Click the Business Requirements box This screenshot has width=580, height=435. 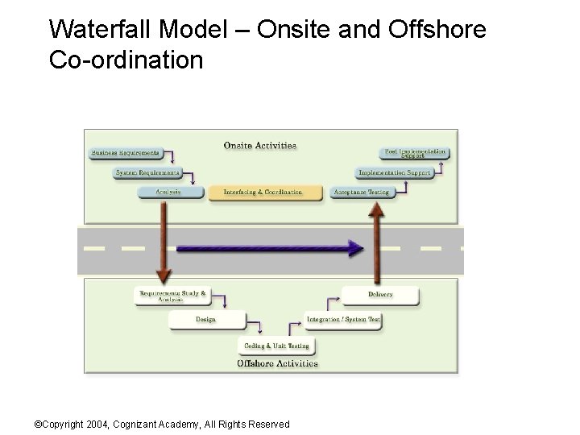(124, 152)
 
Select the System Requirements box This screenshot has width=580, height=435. (147, 172)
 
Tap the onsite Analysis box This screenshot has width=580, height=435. (168, 193)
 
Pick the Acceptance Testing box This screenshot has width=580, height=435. (361, 193)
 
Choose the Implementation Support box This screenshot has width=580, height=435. (395, 172)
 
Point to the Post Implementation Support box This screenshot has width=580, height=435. (414, 152)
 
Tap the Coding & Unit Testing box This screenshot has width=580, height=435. (276, 346)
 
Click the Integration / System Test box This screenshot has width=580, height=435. (342, 320)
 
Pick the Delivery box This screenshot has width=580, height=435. (380, 295)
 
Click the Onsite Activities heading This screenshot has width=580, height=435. (259, 146)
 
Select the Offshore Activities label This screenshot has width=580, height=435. (276, 363)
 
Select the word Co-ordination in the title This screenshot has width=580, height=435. (126, 60)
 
